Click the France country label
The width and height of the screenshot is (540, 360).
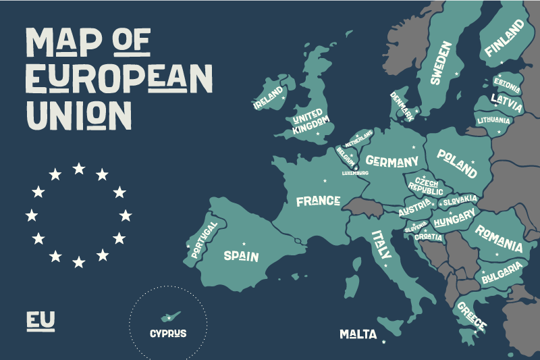(317, 201)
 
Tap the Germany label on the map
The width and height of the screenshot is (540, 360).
(392, 161)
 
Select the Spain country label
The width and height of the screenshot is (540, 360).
(241, 255)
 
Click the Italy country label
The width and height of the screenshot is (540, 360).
(381, 245)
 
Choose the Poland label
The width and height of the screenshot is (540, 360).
(456, 162)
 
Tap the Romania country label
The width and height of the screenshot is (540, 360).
(499, 237)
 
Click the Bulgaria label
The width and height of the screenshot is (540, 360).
(502, 273)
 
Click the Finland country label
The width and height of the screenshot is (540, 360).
(504, 38)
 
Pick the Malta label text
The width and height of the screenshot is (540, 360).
(358, 334)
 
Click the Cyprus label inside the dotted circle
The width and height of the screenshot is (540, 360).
(168, 333)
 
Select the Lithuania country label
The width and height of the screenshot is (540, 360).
(493, 120)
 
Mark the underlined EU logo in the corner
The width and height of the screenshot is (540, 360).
(40, 320)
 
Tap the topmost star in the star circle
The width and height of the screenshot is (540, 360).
(79, 168)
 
